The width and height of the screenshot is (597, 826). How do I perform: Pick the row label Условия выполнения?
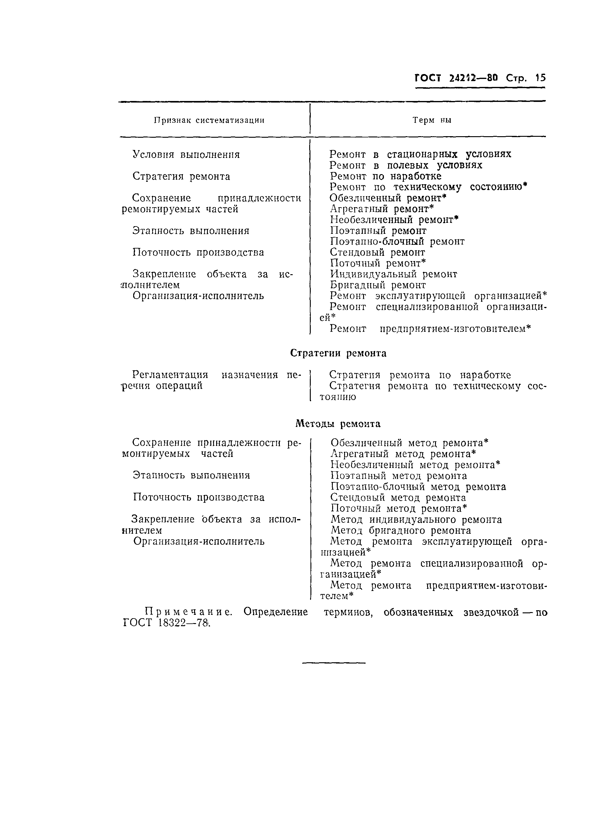click(x=186, y=155)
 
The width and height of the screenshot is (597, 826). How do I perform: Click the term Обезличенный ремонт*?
click(x=388, y=198)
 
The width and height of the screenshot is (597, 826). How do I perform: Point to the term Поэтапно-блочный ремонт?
click(x=397, y=242)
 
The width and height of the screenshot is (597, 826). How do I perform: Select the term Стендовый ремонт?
click(x=377, y=252)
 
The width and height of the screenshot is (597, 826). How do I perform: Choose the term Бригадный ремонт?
click(x=378, y=285)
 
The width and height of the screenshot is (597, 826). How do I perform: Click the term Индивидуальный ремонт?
click(x=393, y=274)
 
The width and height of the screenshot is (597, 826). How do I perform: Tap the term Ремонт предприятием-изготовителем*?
click(x=430, y=329)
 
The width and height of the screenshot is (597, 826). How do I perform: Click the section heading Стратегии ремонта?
click(x=338, y=353)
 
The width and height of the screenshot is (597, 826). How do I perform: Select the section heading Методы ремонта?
click(x=338, y=424)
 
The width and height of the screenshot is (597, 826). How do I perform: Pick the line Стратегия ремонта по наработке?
click(x=420, y=375)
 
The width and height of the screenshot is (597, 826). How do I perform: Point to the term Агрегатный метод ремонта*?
click(x=403, y=454)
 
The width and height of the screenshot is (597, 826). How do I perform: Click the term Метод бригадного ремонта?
click(x=401, y=531)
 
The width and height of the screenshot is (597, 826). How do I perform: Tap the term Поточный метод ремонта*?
click(x=399, y=508)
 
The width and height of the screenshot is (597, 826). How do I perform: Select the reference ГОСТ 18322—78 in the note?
click(x=167, y=623)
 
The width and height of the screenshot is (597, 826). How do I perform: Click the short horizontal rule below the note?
click(x=334, y=663)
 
